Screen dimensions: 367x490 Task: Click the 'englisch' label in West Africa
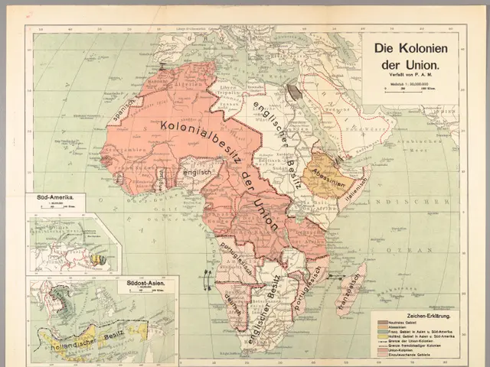point(198,174)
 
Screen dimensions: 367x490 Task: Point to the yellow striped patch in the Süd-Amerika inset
point(97,259)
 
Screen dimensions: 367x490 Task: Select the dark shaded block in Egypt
point(295,92)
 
